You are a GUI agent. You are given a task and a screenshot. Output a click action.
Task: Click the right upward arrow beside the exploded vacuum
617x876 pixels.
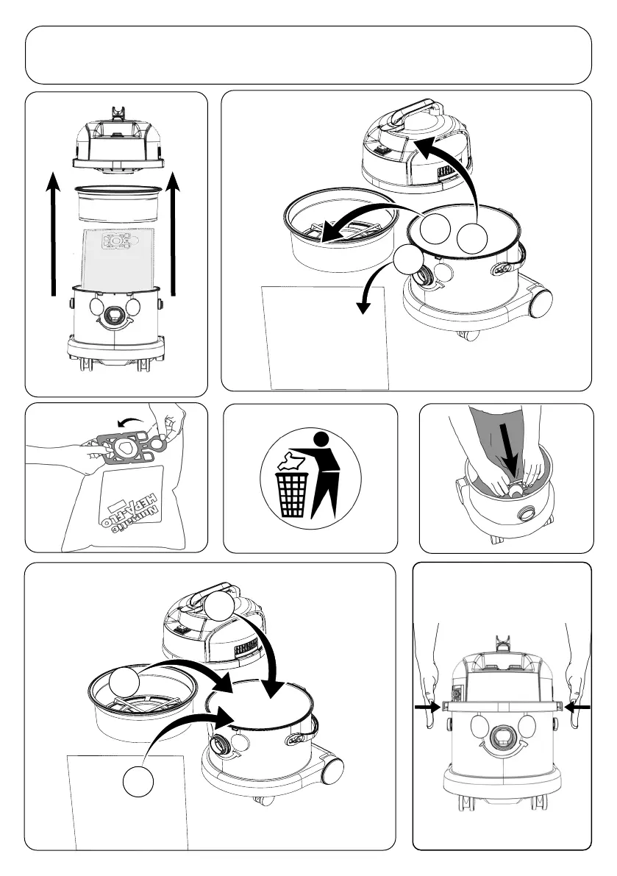174,235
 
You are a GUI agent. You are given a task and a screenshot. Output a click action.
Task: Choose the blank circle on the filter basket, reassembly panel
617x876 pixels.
125,685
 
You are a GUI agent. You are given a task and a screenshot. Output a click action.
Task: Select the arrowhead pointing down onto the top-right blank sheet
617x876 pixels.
361,308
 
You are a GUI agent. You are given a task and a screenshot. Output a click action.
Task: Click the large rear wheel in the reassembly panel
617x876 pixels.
333,771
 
